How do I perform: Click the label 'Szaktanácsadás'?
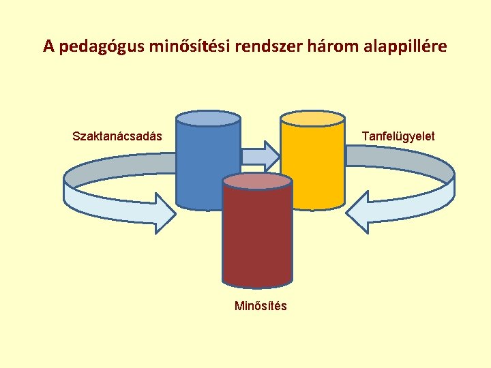pyautogui.click(x=117, y=136)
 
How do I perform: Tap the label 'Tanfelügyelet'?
pyautogui.click(x=398, y=136)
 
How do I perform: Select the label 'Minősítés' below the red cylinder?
pyautogui.click(x=261, y=306)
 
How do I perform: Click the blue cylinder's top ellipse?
pyautogui.click(x=208, y=119)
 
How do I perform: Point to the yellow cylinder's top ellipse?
pyautogui.click(x=312, y=119)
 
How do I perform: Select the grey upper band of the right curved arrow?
pyautogui.click(x=402, y=160)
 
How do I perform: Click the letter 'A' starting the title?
pyautogui.click(x=48, y=47)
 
